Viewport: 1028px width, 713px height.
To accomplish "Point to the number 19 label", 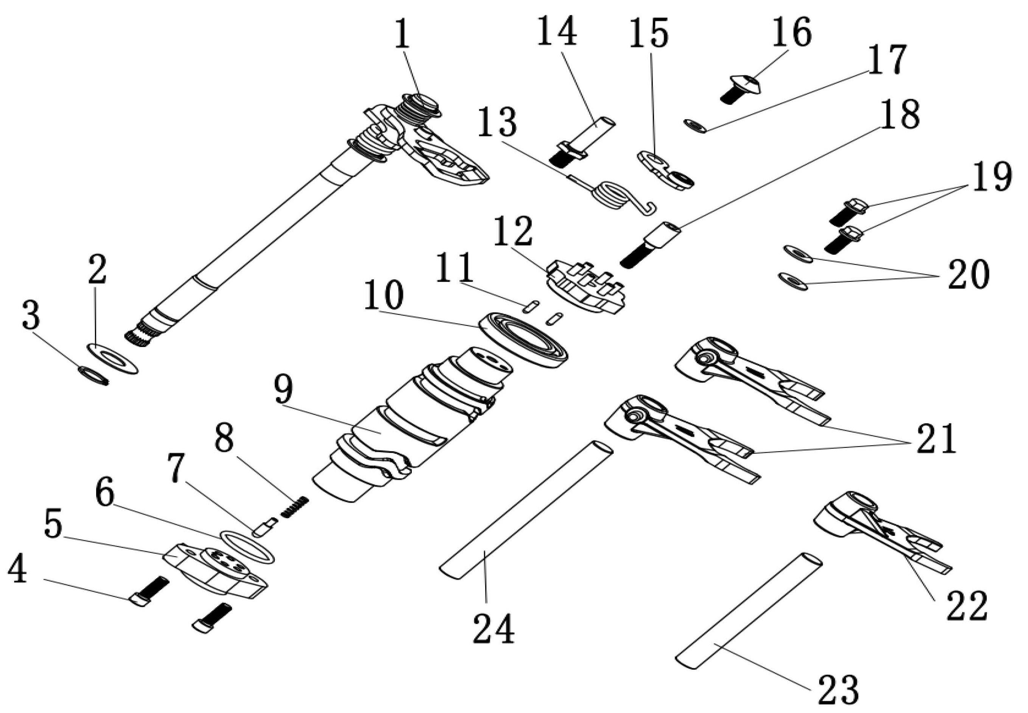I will click(x=992, y=177).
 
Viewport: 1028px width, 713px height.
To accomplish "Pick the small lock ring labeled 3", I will click(x=94, y=376).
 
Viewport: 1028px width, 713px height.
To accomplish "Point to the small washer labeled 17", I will click(x=695, y=126).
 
